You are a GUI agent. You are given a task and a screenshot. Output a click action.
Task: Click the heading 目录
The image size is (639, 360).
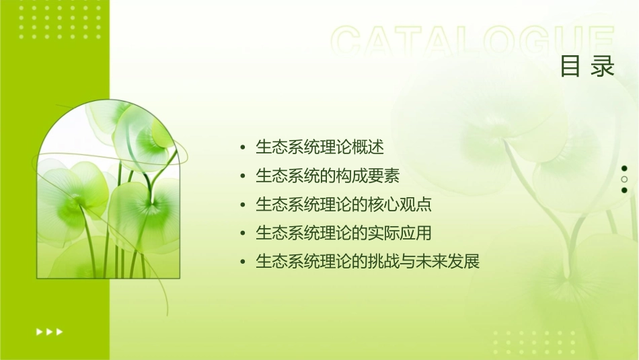tap(587, 67)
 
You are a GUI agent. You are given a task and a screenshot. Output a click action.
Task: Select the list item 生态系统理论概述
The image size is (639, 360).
tap(319, 147)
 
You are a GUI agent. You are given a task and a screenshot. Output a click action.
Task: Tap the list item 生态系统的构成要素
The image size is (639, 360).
tap(328, 176)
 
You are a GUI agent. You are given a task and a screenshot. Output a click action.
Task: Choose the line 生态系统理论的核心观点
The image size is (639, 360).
tap(343, 205)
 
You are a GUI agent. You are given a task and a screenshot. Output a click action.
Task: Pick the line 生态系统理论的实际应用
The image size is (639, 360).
tap(343, 233)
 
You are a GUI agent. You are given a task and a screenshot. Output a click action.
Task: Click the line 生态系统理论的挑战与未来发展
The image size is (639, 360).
tap(367, 262)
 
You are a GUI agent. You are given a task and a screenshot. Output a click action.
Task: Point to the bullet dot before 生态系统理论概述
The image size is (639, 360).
tap(243, 147)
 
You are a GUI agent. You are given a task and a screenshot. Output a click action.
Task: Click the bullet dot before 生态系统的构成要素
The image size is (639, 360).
tap(243, 176)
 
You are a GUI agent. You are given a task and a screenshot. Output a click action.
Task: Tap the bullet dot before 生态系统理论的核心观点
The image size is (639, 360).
tap(243, 205)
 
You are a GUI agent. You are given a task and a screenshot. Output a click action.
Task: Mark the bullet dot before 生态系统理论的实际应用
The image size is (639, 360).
tap(243, 233)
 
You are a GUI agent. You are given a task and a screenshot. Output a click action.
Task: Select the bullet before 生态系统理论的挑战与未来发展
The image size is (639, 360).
tap(243, 262)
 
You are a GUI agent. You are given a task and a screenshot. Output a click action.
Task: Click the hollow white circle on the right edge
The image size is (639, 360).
tap(624, 179)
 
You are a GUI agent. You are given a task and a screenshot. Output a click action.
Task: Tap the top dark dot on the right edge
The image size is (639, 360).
tap(624, 168)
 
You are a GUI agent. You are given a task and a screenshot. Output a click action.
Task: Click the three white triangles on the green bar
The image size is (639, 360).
tap(49, 331)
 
